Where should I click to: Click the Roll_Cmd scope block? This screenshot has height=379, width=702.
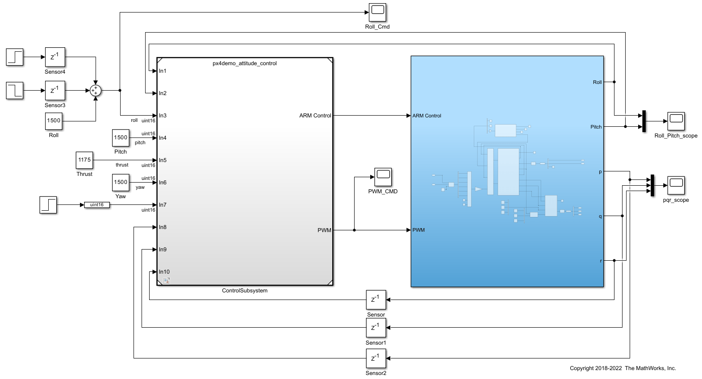tap(377, 12)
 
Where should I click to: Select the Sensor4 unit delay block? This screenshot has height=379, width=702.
tap(55, 57)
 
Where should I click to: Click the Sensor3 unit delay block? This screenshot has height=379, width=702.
tap(55, 91)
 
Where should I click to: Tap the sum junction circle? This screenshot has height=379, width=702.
tap(96, 91)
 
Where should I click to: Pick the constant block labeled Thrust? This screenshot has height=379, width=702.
tap(84, 160)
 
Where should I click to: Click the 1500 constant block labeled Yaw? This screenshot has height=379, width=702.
tap(121, 182)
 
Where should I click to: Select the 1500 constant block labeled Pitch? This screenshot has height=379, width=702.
tap(121, 137)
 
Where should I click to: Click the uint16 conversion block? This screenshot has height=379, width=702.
tap(97, 205)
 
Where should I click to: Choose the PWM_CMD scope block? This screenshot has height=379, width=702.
tap(383, 177)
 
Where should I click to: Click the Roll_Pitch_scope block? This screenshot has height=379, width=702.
tap(676, 121)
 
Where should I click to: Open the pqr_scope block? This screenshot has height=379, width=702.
tap(676, 185)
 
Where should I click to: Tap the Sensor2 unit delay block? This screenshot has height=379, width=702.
tap(376, 358)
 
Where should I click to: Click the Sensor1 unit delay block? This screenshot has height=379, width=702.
tap(376, 328)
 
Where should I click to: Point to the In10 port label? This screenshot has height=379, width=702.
tap(164, 272)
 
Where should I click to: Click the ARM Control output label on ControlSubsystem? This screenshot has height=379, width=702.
tap(315, 116)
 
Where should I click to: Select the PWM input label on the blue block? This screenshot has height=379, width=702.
tap(418, 230)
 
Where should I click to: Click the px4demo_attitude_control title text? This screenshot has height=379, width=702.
tap(245, 63)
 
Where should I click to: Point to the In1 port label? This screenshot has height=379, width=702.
tap(163, 71)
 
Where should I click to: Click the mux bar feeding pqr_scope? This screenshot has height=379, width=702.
tap(652, 185)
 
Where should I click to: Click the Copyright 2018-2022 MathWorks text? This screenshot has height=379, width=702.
tap(623, 368)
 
